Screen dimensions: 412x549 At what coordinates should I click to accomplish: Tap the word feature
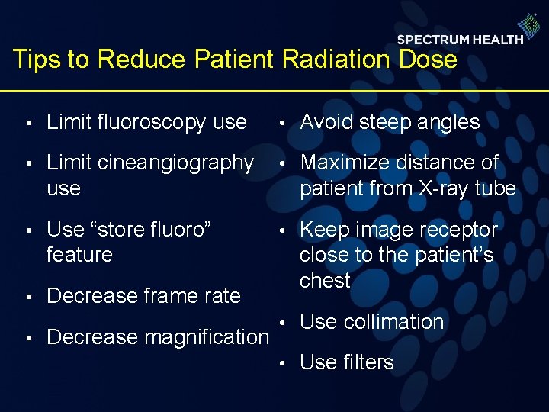coord(79,254)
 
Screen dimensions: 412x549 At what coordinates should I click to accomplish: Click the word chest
coord(325,280)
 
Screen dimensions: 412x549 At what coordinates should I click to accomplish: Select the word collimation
coord(393,322)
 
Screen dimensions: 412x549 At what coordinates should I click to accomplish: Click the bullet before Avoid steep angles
coord(281,124)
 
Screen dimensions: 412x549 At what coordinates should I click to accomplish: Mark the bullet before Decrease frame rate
coord(27,297)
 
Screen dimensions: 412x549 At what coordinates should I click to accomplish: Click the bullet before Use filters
coord(281,364)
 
